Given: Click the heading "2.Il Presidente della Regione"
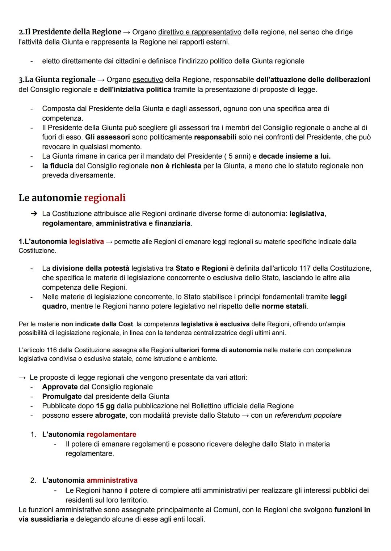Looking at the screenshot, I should click(70, 32).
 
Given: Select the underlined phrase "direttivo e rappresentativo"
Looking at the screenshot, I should click(199, 32).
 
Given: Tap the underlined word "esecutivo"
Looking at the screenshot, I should click(148, 79).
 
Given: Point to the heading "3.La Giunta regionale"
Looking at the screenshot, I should click(57, 79).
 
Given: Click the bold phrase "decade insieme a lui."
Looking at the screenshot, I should click(294, 156).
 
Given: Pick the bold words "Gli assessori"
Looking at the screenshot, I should click(107, 137).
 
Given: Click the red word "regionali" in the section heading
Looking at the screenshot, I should click(105, 198).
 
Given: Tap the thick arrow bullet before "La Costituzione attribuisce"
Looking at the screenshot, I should click(34, 214).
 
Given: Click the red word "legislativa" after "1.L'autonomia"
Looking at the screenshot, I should click(86, 241).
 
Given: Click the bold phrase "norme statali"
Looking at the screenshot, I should click(284, 306).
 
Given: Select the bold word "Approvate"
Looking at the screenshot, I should click(60, 387).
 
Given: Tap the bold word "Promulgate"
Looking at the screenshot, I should click(62, 396).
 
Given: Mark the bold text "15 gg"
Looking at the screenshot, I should click(105, 406).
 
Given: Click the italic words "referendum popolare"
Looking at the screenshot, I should click(308, 415).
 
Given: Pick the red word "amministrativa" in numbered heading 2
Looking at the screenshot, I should click(112, 480).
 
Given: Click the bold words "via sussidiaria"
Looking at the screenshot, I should click(43, 519).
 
